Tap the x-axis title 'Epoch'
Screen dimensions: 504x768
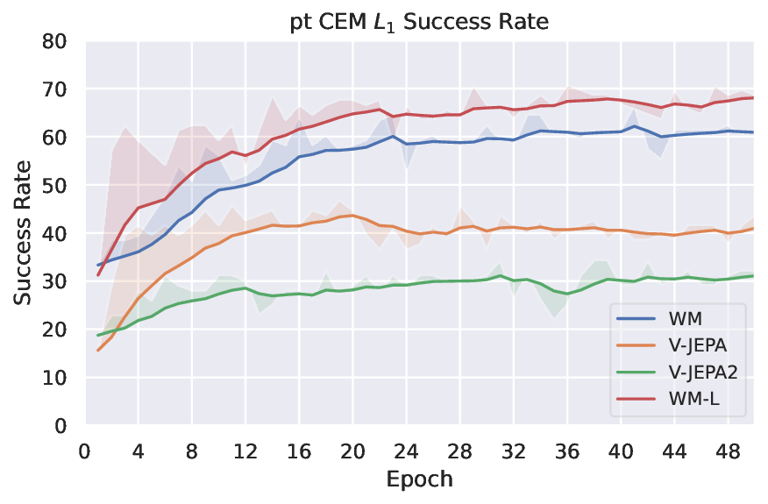coord(418,480)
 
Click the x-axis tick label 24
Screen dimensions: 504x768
coord(405,452)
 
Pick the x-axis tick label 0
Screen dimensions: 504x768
coord(85,452)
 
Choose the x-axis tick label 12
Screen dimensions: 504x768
coord(245,452)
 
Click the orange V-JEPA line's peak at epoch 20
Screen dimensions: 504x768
coord(352,216)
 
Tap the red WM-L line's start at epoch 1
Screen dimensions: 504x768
coord(98,275)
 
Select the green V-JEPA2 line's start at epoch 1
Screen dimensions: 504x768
coord(98,336)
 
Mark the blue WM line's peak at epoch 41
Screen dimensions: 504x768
coord(633,126)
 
